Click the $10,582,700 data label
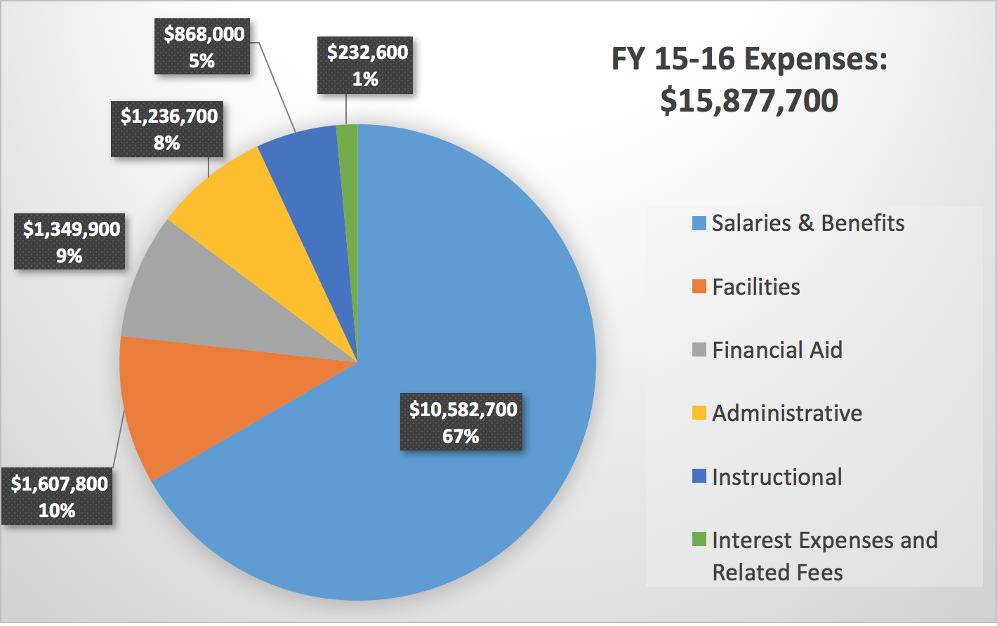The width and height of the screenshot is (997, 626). click(x=461, y=422)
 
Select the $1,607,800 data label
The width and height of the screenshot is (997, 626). click(x=58, y=496)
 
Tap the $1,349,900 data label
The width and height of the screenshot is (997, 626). click(x=70, y=241)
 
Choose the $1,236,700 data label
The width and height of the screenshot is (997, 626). click(x=167, y=128)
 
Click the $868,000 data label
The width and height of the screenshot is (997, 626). click(x=202, y=46)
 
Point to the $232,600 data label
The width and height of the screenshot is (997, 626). click(x=365, y=65)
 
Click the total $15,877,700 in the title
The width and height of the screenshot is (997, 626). click(x=749, y=100)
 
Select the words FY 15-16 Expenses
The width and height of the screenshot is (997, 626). click(x=749, y=59)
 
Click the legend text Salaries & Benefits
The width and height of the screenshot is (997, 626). click(x=807, y=223)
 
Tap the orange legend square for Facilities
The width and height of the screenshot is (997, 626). click(x=699, y=286)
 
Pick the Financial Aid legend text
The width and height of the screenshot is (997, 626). click(x=777, y=349)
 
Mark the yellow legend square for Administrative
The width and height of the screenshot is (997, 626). click(x=699, y=413)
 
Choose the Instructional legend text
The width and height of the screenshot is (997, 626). click(x=777, y=477)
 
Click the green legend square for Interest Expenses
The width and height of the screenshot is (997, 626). click(x=699, y=539)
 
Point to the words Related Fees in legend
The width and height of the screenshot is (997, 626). click(x=777, y=573)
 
